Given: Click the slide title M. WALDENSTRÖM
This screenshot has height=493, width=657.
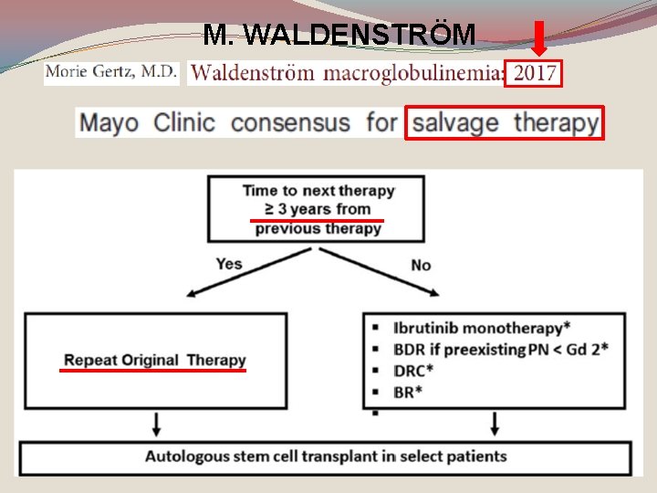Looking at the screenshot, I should [x=339, y=35].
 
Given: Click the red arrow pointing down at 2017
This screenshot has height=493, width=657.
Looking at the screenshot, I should [x=539, y=39].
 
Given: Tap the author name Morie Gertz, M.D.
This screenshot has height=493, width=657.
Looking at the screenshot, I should [x=111, y=72].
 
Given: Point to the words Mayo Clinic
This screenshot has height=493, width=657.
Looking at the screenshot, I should [x=147, y=122].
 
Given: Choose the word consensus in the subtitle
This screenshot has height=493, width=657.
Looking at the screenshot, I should [x=290, y=122].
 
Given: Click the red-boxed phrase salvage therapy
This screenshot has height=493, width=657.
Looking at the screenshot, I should [x=504, y=122].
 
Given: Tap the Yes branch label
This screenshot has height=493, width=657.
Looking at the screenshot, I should [x=229, y=264].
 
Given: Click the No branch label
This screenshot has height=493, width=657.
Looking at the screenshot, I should [x=421, y=265].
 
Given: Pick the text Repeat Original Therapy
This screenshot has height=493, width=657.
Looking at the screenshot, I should [x=154, y=360].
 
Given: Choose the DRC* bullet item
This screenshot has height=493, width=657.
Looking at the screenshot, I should [x=415, y=371].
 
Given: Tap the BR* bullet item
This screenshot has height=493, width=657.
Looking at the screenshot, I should [x=410, y=391].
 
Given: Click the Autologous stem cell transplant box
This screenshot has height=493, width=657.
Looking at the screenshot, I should [x=325, y=456].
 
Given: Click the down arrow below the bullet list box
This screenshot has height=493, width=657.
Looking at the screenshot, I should [x=495, y=424].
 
